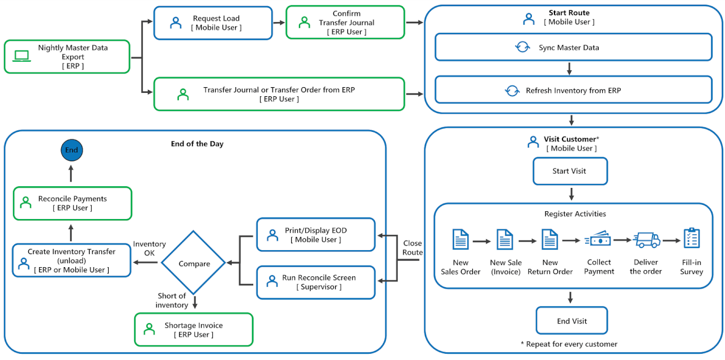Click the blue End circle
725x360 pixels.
coord(71,151)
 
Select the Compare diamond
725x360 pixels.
coord(194,264)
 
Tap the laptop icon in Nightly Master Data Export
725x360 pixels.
coord(22,56)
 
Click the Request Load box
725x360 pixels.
coord(213,23)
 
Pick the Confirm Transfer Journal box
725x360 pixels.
coord(345,23)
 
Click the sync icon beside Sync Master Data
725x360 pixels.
coord(522,48)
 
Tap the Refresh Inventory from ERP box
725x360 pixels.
coord(573,91)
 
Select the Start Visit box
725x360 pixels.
coord(570,171)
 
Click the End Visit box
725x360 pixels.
coord(572,321)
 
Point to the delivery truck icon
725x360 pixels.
coord(647,239)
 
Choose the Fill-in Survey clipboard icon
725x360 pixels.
coord(692,238)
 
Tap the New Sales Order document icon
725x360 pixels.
coord(460,239)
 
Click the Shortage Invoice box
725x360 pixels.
coord(194,329)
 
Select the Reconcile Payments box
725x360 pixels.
coord(72,203)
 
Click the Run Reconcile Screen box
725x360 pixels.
coord(316,282)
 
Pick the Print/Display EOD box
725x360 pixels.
coord(316,235)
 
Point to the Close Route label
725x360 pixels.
coord(412,248)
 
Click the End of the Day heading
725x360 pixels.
coord(197,144)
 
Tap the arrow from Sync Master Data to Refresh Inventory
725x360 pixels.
coord(570,68)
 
